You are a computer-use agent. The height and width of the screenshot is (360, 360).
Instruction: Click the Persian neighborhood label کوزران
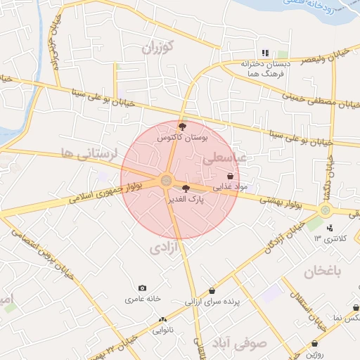coord(158,48)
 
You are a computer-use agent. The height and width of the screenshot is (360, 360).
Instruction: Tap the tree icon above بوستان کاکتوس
coord(183,127)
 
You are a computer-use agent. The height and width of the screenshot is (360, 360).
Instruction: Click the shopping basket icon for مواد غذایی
coord(230,176)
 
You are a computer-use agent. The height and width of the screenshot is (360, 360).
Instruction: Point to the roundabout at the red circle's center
coord(166,181)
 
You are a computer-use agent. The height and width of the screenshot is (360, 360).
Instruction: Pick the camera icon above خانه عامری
coord(143,288)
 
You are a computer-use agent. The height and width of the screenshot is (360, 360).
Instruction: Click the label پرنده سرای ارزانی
coord(212,302)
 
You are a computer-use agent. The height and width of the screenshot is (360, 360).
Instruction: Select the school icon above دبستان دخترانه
coord(265,53)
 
